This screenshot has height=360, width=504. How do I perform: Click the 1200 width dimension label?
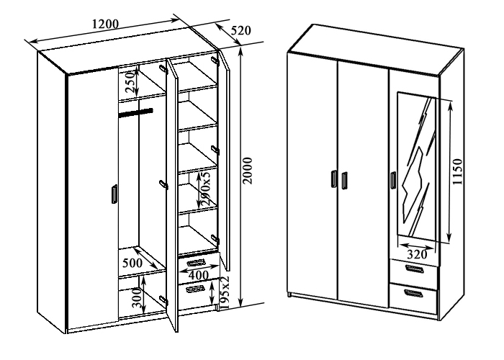tap(105, 24)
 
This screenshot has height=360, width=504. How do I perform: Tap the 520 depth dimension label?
tap(240, 30)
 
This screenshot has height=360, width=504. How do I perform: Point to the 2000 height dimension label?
tap(248, 171)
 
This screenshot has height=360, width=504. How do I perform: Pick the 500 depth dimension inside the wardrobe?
tap(132, 263)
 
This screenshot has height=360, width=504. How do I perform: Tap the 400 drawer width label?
tap(198, 275)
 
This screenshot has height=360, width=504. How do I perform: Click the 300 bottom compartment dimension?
tap(137, 299)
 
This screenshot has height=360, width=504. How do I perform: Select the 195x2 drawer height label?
tap(225, 292)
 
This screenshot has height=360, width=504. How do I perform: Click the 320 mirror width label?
tap(417, 254)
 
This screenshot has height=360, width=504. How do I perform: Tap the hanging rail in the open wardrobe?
tap(135, 112)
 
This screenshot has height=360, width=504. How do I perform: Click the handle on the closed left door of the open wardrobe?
tap(114, 194)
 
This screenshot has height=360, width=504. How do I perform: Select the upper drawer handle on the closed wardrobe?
tap(414, 269)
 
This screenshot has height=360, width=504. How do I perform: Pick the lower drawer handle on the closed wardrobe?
tap(414, 294)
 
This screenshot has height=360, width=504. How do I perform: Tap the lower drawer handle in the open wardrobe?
tap(195, 289)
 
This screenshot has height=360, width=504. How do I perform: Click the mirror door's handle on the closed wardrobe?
tap(393, 181)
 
